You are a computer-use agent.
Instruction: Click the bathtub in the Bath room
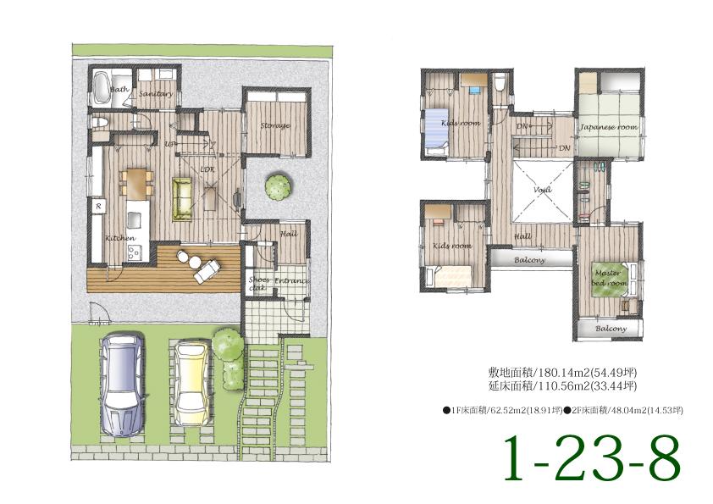[x=100, y=86]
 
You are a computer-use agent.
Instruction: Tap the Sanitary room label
[x=156, y=94]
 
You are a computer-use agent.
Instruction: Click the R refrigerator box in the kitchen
[x=99, y=206]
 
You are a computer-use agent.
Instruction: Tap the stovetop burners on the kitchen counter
[x=138, y=252]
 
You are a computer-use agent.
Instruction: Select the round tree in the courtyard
[x=276, y=187]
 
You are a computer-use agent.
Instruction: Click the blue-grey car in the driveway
[x=121, y=383]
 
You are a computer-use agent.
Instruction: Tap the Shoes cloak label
[x=257, y=283]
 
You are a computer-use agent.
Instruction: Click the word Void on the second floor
[x=542, y=191]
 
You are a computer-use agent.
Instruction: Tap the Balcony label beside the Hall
[x=529, y=260]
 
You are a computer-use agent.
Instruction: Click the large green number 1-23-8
[x=592, y=458]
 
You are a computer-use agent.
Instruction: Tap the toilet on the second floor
[x=500, y=83]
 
